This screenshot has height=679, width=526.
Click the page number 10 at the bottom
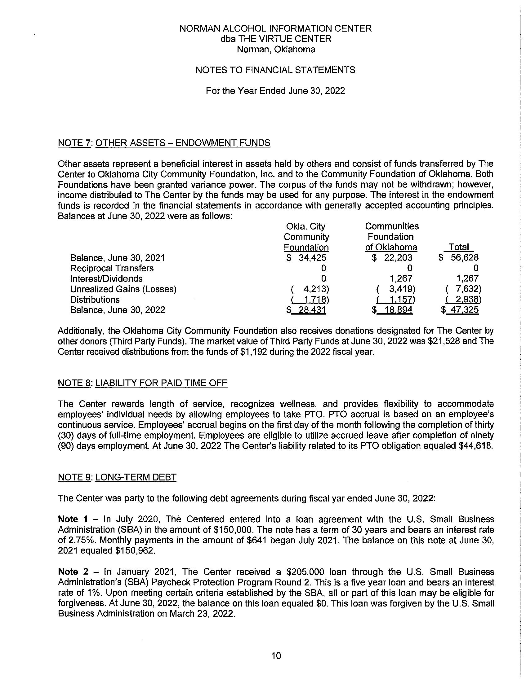coord(276,656)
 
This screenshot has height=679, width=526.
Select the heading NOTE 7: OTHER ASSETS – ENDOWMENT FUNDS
coord(164,143)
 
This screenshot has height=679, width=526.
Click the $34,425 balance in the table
coord(306,258)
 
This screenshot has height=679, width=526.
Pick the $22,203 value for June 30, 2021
coord(392,258)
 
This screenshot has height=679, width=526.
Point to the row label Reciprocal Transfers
coord(112,268)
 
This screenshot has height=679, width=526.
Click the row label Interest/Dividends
coord(106,278)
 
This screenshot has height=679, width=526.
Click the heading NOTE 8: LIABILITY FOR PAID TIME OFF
coord(143,383)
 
